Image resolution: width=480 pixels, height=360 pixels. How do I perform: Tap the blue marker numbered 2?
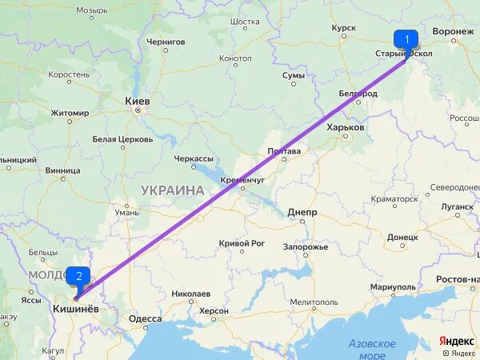[x=78, y=277]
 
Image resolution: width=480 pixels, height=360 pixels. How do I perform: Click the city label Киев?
[x=138, y=102]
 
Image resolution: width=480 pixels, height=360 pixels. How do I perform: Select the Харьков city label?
[x=346, y=127]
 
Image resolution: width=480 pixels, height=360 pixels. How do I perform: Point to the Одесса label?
[x=145, y=318]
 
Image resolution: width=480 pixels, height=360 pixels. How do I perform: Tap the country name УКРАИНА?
[x=172, y=190]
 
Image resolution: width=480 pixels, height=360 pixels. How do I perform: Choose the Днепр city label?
[x=302, y=212]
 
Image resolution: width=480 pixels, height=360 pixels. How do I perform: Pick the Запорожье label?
[x=305, y=246]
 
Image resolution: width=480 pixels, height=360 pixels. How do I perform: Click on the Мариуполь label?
[x=393, y=286]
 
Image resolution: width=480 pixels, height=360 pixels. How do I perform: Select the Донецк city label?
[x=402, y=237]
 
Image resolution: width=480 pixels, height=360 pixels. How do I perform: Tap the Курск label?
[x=343, y=28]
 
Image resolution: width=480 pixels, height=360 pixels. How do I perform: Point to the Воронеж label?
[x=453, y=31]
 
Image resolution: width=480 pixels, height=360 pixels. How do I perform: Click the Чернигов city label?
[x=166, y=42]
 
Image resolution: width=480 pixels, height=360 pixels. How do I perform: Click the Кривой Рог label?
[x=242, y=243]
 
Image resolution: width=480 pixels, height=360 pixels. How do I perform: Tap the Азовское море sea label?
[x=372, y=349]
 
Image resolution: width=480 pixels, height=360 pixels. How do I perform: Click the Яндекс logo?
[x=457, y=341]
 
